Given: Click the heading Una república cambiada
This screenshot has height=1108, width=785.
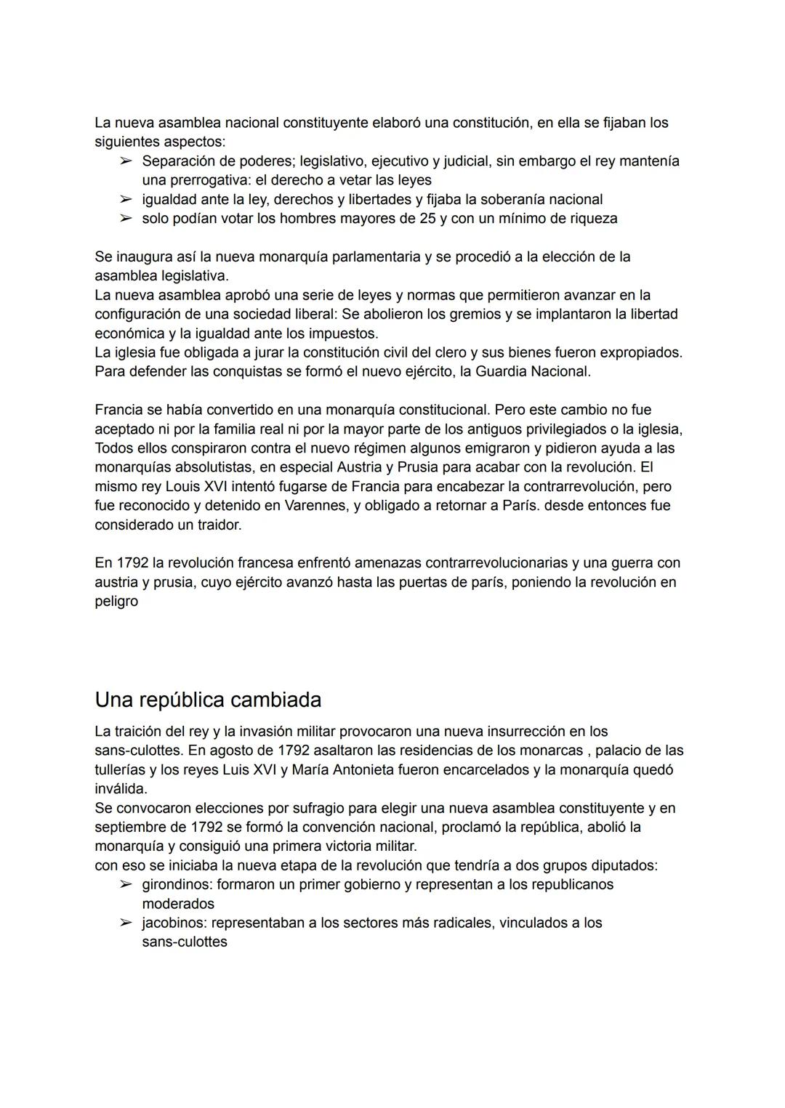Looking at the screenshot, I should tap(208, 700).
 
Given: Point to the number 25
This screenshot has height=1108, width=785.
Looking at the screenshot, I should tap(427, 218).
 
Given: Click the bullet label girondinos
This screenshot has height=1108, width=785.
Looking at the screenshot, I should tap(177, 884).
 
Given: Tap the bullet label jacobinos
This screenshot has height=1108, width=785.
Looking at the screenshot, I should tap(174, 923).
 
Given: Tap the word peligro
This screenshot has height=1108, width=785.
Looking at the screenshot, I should tap(116, 602).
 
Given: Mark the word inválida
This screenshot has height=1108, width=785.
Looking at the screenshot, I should tap(120, 788).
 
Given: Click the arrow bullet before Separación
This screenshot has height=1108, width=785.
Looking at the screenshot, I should tap(126, 161).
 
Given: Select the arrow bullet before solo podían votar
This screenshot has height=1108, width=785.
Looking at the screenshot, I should tap(126, 218).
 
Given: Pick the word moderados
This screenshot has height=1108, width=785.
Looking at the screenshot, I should tap(178, 904).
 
